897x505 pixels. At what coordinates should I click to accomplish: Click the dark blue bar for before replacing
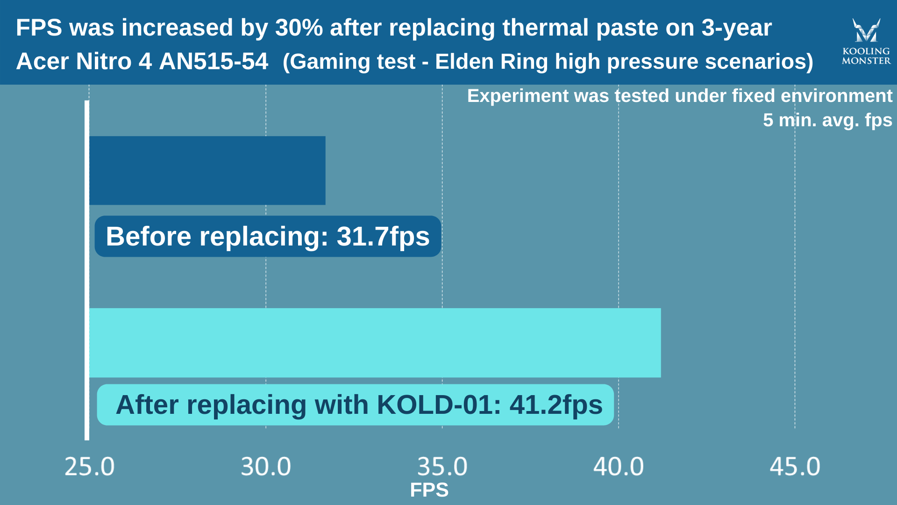(207, 171)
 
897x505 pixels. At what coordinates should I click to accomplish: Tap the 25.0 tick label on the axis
(89, 467)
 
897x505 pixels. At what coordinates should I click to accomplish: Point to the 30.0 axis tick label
(266, 467)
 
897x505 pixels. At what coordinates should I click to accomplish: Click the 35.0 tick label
(442, 467)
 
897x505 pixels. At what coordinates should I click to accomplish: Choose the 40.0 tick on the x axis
(619, 467)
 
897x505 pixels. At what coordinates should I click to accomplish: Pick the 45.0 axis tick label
(795, 467)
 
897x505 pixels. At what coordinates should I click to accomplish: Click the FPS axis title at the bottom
(429, 490)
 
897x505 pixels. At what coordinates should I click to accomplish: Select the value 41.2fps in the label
(556, 404)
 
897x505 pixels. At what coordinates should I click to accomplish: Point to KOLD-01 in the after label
(438, 404)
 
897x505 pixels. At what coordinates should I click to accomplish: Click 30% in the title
(299, 28)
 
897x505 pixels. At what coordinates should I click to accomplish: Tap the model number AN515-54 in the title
(214, 61)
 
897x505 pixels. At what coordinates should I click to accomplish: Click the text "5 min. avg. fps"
(827, 120)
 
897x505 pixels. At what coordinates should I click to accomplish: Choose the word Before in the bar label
(149, 236)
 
